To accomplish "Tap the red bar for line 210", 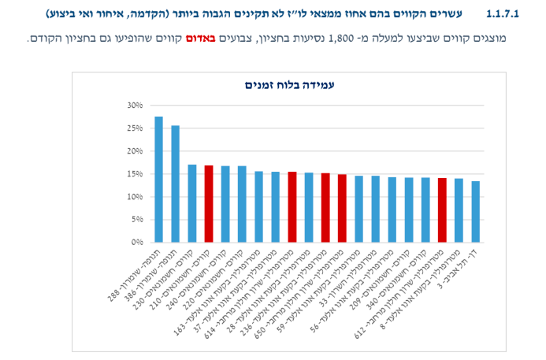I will coord(209,204).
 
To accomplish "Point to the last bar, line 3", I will coord(475,212).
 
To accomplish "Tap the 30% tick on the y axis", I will coord(133,105).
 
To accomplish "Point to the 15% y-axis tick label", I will coord(133,174).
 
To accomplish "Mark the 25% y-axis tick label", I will coord(133,128).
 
